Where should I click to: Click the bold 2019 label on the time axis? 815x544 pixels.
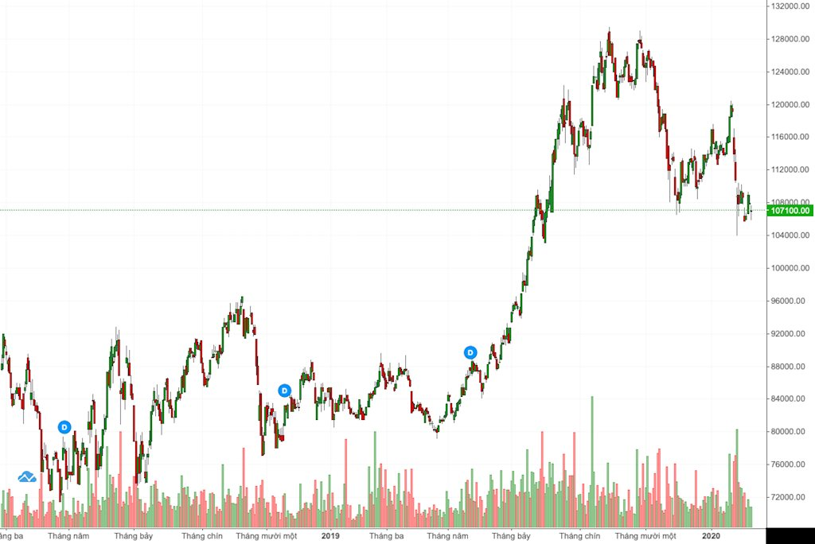point(330,536)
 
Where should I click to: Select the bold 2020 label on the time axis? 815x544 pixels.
point(711,536)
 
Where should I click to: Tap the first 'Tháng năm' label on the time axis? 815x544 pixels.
point(68,536)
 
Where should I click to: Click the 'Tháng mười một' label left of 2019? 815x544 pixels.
point(266,536)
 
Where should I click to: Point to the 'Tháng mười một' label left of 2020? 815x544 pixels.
point(645,536)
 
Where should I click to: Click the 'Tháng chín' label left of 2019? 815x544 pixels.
point(202,536)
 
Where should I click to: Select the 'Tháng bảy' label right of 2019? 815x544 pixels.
point(511,536)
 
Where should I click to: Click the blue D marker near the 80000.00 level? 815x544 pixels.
point(64,427)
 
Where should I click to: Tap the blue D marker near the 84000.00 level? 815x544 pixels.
point(284,391)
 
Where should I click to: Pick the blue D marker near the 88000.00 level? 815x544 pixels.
point(470,352)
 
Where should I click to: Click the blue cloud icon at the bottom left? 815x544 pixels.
point(27,477)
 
